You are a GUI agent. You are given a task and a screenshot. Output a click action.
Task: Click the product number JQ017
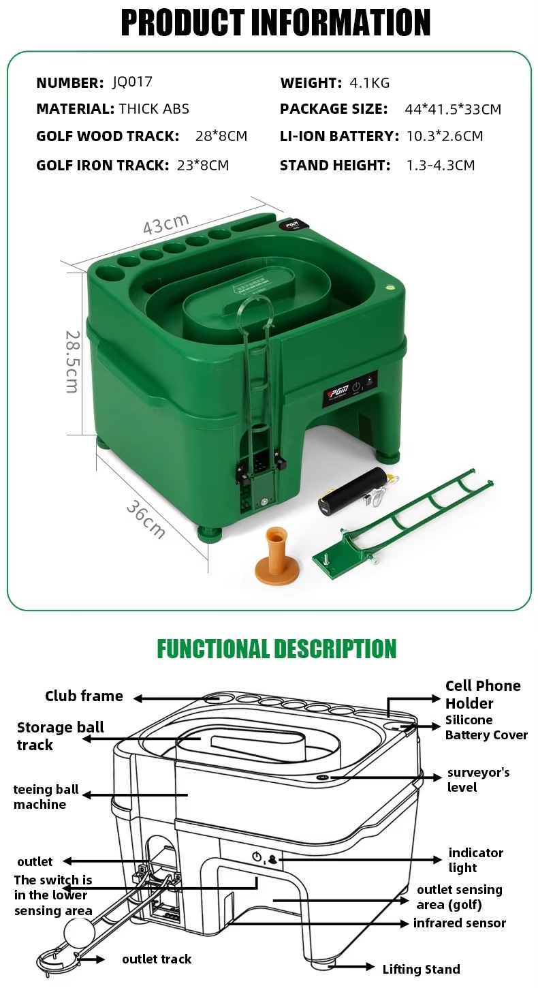pos(132,82)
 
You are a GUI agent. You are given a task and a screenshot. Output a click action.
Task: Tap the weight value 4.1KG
pos(369,83)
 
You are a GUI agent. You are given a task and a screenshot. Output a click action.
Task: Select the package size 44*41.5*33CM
pos(453,109)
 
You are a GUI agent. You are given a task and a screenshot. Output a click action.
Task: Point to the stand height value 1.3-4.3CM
pos(441,165)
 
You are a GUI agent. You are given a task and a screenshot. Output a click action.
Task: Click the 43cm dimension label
pos(165,223)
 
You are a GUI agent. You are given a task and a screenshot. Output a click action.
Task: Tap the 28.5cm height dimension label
pos(72,361)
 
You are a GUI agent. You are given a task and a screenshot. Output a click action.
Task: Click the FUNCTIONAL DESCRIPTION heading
pos(276,649)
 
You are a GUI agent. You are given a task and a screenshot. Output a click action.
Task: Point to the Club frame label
pos(84,696)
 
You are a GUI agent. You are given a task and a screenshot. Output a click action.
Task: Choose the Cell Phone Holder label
pos(483,694)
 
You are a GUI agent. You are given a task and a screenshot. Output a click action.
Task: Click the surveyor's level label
pos(478,779)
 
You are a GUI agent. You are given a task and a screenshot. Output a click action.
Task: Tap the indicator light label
pos(475,860)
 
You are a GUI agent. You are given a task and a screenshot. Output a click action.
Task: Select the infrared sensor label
pos(459,923)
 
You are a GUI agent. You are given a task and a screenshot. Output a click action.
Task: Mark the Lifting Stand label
pos(421,970)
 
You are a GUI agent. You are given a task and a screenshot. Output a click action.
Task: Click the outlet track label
pos(157,959)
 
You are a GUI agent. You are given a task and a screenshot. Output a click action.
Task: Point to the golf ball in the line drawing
pos(80,932)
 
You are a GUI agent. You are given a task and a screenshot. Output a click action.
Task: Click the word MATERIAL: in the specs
pos(75,109)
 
